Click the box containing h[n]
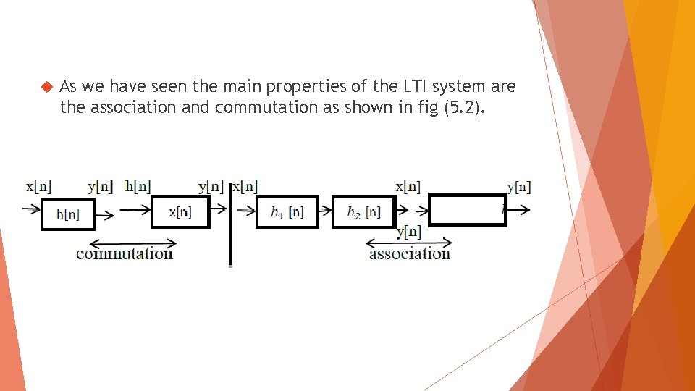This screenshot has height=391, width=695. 68,213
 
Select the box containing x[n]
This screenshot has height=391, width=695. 180,211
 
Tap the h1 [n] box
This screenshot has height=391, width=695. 287,211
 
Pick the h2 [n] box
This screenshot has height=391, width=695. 363,211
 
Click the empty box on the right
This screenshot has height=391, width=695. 468,210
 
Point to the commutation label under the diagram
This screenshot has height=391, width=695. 125,253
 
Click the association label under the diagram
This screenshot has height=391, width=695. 410,253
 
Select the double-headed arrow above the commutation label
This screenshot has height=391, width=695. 134,243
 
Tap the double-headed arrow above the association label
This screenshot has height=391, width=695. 391,242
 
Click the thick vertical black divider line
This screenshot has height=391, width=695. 231,224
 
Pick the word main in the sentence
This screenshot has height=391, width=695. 243,87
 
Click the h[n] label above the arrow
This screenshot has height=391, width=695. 138,187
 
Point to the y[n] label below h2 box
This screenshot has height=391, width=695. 409,232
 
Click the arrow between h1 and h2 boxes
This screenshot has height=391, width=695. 325,212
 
